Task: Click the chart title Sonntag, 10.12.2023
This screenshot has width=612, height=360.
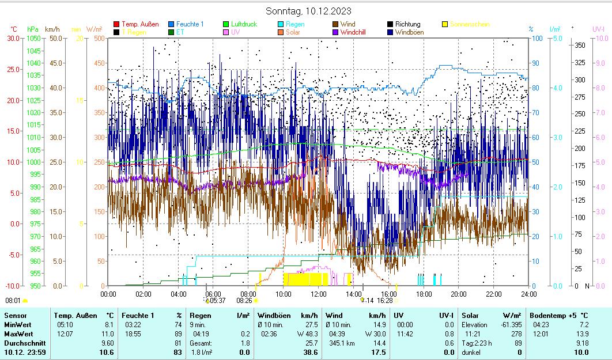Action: [309, 11]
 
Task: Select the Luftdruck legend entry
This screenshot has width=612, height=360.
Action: [244, 24]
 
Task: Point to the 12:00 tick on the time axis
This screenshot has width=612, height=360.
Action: [318, 294]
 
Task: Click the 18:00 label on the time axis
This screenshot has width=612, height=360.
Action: [423, 294]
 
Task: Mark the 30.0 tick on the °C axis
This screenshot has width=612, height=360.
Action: [13, 38]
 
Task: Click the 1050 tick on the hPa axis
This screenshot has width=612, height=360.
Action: [33, 38]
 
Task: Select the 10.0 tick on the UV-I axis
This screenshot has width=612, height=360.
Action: [601, 38]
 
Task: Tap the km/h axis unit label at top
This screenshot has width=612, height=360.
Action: [52, 29]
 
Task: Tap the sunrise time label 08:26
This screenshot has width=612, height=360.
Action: [244, 300]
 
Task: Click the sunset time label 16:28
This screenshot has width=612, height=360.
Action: [385, 300]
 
